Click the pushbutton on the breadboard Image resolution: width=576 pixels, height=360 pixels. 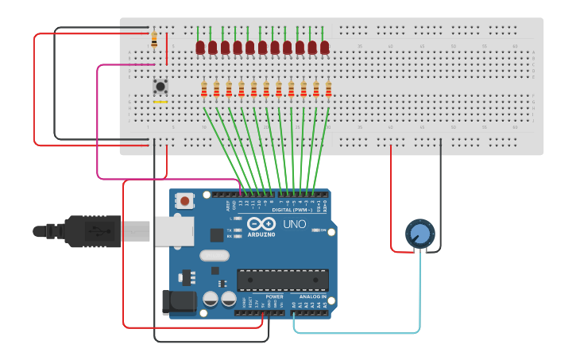click(160, 86)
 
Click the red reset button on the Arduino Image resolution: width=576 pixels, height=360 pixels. click(185, 201)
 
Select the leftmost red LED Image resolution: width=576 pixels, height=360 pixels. click(200, 48)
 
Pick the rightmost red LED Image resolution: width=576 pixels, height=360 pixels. click(325, 48)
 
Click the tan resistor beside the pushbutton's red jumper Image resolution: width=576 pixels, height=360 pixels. click(153, 39)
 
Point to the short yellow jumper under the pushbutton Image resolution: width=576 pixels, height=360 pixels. click(160, 102)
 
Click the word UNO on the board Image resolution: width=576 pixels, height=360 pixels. click(295, 224)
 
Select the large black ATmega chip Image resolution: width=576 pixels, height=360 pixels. click(283, 280)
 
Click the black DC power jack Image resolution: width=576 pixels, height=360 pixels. click(179, 302)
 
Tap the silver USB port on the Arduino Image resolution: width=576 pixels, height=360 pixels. click(173, 231)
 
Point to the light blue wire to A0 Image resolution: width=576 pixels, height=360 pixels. click(358, 332)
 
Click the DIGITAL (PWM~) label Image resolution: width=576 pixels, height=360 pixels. click(292, 210)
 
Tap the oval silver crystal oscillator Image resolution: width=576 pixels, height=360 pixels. click(215, 256)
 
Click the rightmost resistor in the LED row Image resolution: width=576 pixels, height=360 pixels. click(328, 90)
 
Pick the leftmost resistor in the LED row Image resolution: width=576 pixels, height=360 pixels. click(204, 90)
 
